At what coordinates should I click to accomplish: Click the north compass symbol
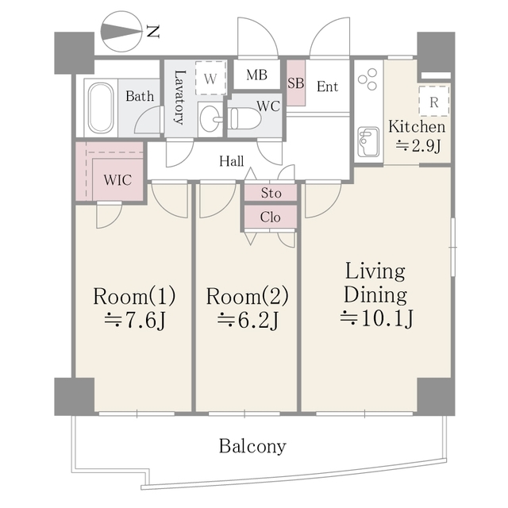click(x=121, y=32)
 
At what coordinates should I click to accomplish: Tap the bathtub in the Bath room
click(x=101, y=108)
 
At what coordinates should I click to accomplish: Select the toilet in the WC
click(x=245, y=118)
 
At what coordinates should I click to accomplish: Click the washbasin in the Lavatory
click(x=210, y=118)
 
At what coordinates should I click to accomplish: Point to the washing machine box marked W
click(x=210, y=78)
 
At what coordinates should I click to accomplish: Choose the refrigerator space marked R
click(x=434, y=101)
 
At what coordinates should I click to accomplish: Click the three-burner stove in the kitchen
click(x=368, y=79)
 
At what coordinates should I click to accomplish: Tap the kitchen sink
click(x=368, y=141)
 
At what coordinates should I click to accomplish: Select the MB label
click(x=257, y=75)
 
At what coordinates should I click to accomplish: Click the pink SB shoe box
click(x=296, y=83)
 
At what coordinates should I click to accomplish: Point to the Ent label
click(x=327, y=87)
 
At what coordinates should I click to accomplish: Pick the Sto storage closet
click(x=271, y=193)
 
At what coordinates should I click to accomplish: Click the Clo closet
click(x=271, y=217)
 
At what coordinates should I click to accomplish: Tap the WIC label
click(x=117, y=180)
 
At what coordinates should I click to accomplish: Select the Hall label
click(x=231, y=161)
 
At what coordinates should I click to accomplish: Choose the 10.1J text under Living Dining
click(x=376, y=319)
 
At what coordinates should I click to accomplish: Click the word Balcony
click(x=252, y=446)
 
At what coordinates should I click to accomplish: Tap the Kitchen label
click(x=417, y=126)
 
